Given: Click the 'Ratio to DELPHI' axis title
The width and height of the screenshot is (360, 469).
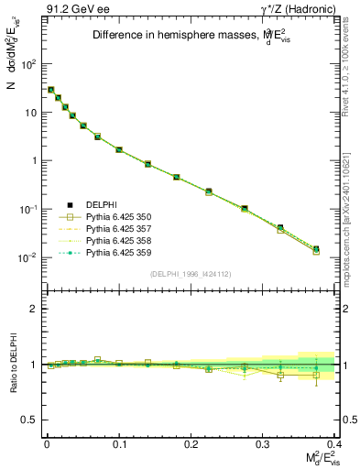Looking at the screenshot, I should tap(11, 364).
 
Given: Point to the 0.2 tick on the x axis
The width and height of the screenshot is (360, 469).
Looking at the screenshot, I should tap(191, 443).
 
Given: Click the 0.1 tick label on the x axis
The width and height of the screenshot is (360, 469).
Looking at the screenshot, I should tap(119, 443).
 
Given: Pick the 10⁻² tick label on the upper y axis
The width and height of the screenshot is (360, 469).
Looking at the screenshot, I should tap(28, 257).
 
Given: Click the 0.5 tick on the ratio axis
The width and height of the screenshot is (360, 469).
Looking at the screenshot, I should tap(31, 420).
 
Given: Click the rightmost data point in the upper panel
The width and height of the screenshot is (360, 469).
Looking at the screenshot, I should tap(316, 248).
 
